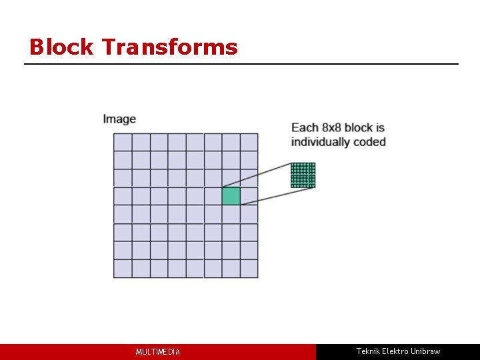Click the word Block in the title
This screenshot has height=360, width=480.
coord(62,47)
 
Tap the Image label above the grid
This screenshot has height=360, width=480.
coord(119,119)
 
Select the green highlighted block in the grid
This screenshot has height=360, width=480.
coord(231,196)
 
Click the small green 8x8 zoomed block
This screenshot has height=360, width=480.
coord(303,175)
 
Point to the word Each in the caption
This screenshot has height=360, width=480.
coord(305,127)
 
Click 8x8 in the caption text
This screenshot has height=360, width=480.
coord(335,127)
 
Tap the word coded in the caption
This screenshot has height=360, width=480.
coord(371,142)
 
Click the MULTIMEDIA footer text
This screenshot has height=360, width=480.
coord(158,352)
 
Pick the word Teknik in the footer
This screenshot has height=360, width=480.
coord(367,351)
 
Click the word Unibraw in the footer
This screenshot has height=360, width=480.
coord(425,351)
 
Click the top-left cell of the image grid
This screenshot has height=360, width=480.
coord(123,142)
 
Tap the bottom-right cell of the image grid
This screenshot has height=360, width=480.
coord(249,269)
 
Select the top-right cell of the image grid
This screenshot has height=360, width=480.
coord(249,142)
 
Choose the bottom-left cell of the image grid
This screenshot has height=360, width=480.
coord(123,269)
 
